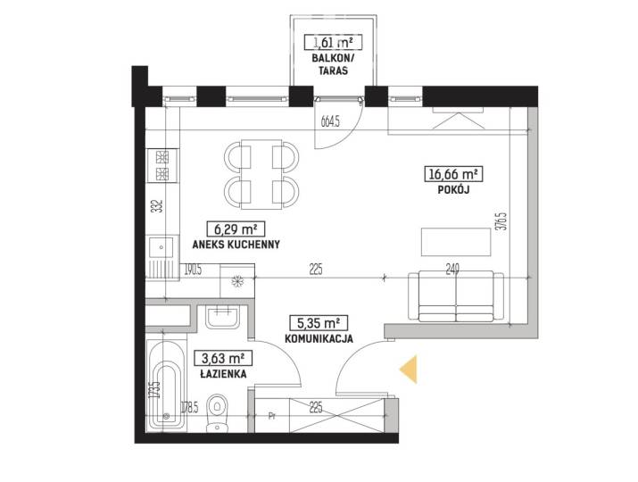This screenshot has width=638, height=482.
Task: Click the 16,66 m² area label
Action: pos(453,174)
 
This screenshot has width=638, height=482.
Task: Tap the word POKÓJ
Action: pos(454,189)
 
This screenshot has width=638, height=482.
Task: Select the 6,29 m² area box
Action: pos(236,229)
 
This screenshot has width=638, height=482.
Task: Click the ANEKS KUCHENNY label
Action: pos(236,245)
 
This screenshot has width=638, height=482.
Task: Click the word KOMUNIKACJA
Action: pos(319,338)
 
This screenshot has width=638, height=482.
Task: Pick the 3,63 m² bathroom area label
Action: pos(223,358)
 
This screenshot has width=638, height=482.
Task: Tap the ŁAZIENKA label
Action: pos(223,374)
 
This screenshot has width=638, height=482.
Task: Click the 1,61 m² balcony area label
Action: pos(333,42)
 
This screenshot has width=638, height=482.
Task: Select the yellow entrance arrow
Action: pos(409,369)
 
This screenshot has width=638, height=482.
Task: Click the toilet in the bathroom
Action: pos(218,412)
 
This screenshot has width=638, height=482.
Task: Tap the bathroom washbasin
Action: pos(222,318)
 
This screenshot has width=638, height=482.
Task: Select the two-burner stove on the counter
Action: pos(162,166)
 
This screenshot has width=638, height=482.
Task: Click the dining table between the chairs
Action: pos(261,174)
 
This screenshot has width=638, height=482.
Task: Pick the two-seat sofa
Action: pos(456,296)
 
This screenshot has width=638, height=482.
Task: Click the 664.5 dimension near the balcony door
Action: pos(330,121)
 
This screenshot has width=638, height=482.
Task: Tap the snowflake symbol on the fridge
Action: pos(236,281)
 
